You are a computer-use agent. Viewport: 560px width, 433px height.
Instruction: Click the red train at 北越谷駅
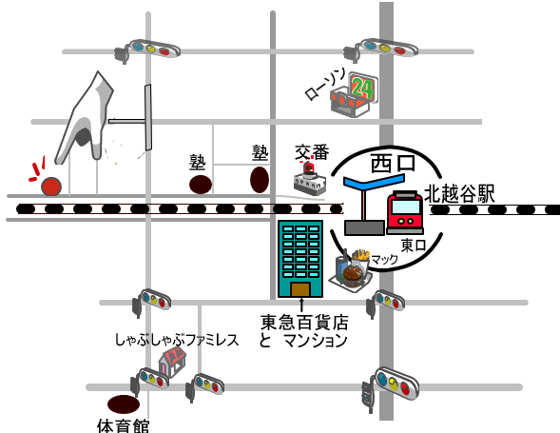pos(405,212)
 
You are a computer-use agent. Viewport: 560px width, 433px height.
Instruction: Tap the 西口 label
pos(394,163)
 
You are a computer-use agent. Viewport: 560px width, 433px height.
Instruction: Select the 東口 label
pos(414,246)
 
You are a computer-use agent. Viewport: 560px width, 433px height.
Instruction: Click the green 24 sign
pos(363,87)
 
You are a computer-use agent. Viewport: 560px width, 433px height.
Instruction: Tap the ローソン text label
pos(324,85)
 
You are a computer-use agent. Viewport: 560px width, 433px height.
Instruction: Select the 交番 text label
pos(312,152)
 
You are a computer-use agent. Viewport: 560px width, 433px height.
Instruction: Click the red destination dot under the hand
pos(51,187)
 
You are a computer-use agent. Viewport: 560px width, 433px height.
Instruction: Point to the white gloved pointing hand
pos(85,119)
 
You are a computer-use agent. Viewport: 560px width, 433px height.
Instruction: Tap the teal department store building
pos(300,259)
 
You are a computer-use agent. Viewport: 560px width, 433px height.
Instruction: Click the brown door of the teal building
pos(300,289)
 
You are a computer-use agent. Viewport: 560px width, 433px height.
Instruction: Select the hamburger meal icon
pos(351,270)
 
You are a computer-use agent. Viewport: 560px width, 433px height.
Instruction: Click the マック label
pos(384,259)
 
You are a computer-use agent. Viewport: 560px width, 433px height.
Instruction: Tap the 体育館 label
pos(124,426)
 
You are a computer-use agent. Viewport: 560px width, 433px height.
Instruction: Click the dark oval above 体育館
pos(124,404)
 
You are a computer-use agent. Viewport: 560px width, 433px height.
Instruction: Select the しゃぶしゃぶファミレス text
pos(177,340)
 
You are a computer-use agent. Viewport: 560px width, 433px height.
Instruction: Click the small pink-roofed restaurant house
pos(172,363)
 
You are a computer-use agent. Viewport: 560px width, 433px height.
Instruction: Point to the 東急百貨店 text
pos(304,323)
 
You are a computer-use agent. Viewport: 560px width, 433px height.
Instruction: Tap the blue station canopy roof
pos(374,182)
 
